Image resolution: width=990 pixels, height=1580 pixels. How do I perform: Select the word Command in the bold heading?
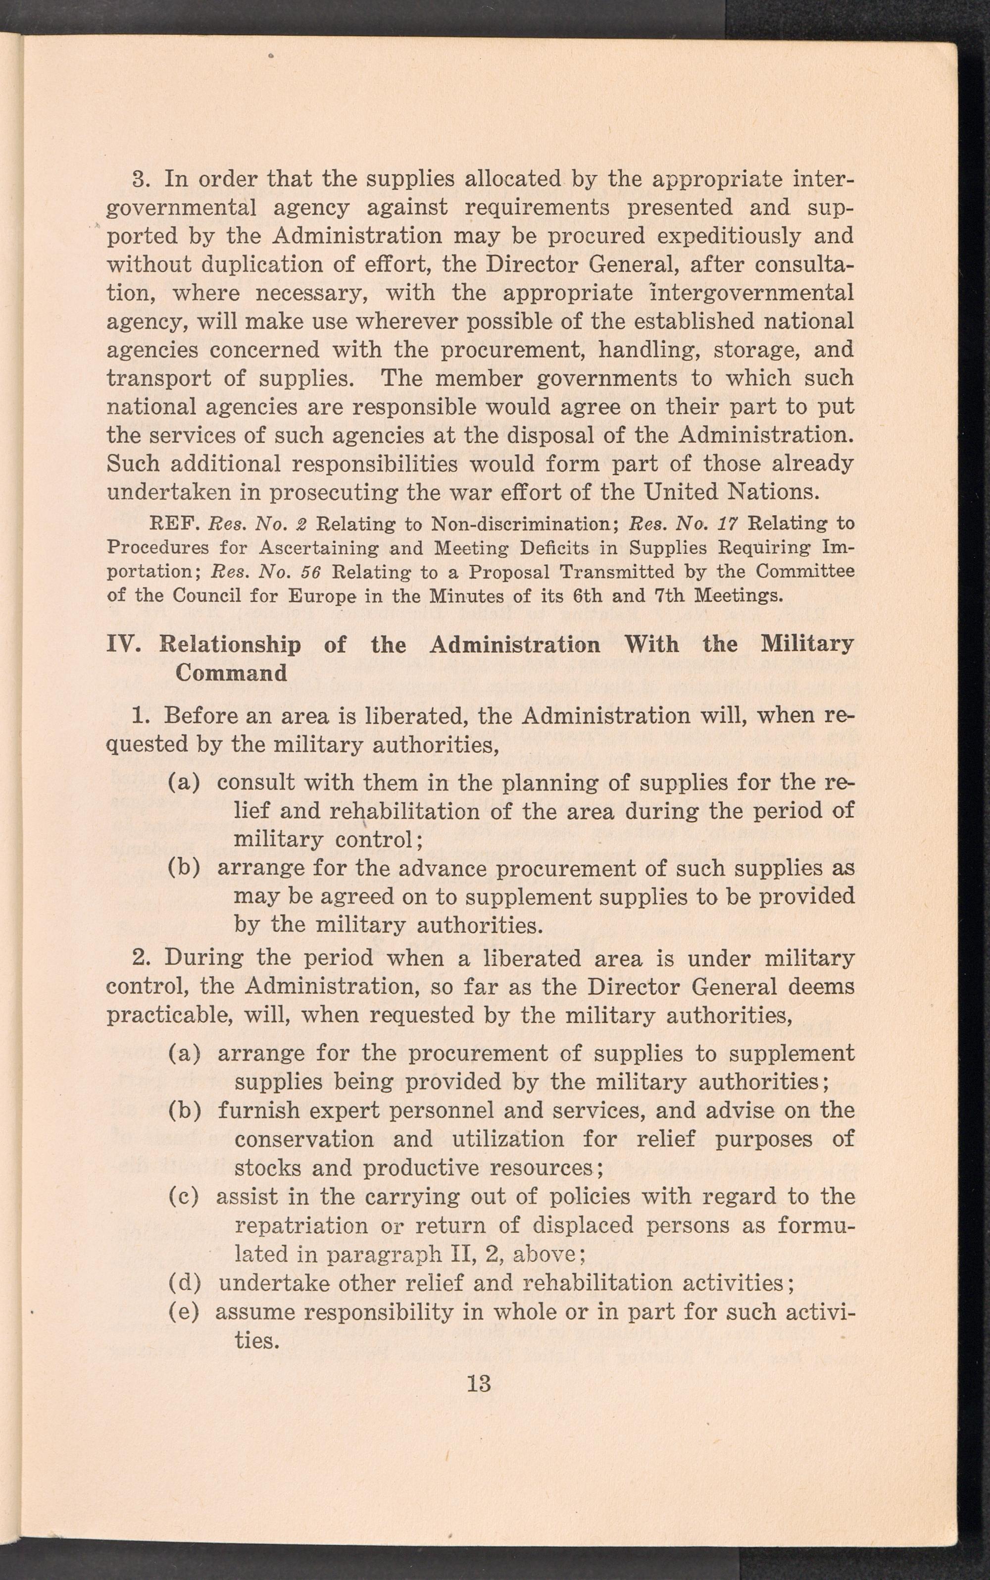click(231, 674)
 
